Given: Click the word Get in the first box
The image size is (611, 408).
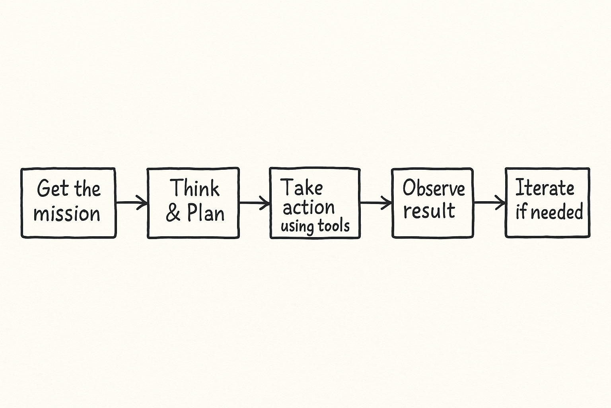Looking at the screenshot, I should (53, 188).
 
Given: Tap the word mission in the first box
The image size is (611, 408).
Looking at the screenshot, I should (67, 214).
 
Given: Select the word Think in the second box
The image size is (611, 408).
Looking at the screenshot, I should (195, 188).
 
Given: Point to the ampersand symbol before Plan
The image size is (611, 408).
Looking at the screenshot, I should (173, 214).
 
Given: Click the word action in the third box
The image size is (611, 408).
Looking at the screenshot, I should (309, 208).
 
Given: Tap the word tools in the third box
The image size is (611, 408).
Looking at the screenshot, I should (333, 226).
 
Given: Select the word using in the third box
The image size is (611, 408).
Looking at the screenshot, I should (297, 227).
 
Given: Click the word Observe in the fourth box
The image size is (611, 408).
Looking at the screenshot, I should (434, 188).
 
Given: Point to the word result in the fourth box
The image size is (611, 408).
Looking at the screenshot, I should (429, 210).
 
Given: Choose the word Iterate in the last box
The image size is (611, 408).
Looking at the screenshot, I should (545, 188).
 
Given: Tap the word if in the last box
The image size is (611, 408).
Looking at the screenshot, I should (521, 212).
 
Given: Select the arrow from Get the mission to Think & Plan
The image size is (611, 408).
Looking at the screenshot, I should (132, 202).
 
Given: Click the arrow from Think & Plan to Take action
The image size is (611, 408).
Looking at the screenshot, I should (255, 202).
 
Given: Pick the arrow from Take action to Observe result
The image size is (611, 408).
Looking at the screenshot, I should (376, 202).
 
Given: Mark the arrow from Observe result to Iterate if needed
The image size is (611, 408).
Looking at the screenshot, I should (490, 202).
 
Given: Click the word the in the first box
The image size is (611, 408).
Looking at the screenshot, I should (87, 188).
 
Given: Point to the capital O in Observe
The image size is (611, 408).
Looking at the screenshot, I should (409, 188).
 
